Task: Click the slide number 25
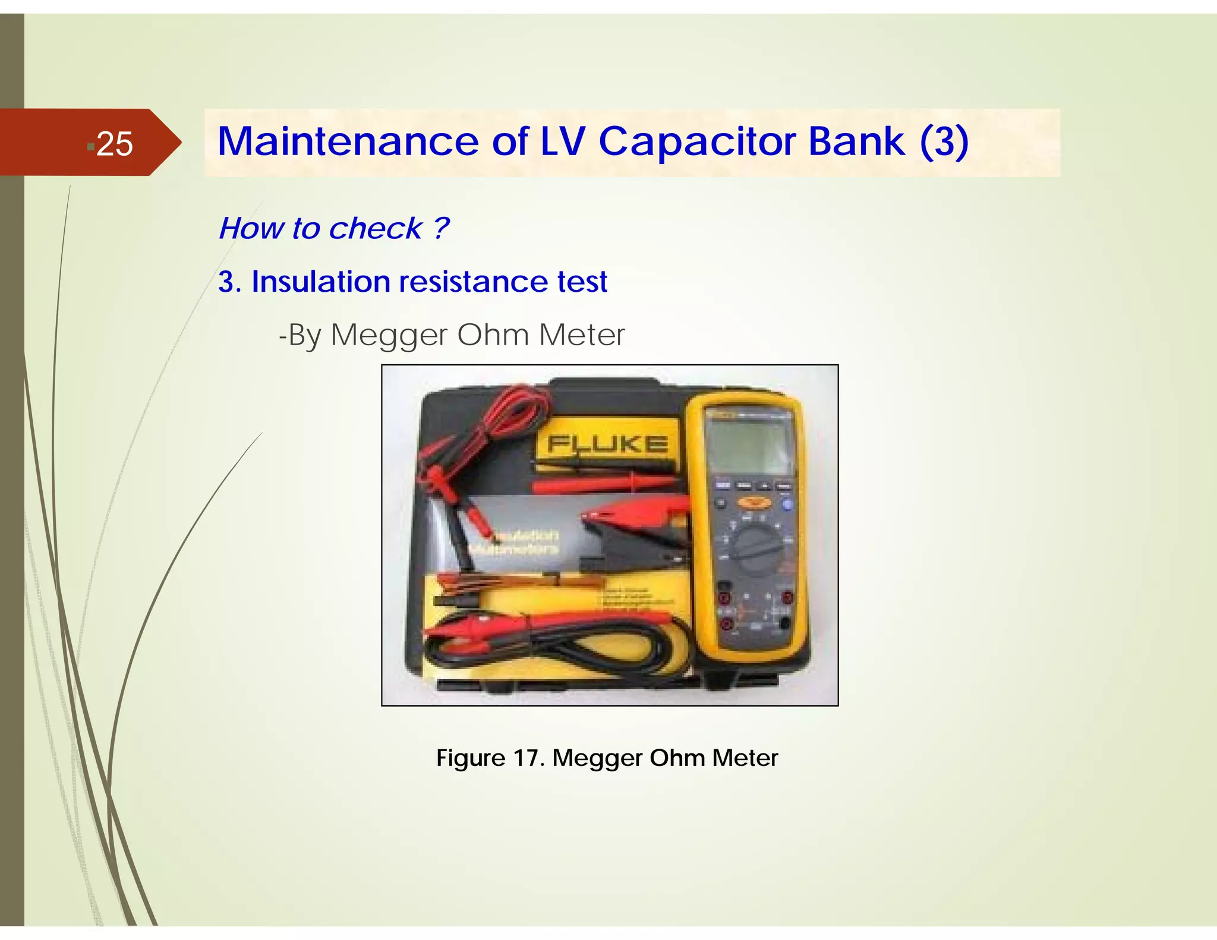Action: point(114,144)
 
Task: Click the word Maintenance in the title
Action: point(348,142)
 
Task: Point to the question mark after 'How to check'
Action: point(440,228)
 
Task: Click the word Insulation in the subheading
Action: point(320,282)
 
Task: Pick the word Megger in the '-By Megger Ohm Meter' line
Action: point(388,335)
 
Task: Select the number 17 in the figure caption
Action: point(527,758)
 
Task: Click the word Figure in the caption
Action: point(471,758)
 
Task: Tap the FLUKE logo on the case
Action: point(607,444)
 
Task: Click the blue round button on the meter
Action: point(787,506)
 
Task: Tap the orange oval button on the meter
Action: point(754,503)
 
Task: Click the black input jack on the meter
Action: point(784,623)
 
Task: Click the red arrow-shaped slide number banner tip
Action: point(169,143)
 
